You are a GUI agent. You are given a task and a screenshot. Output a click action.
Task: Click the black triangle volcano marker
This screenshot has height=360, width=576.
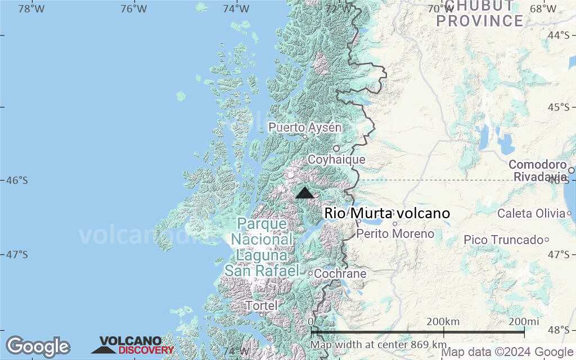tap(305, 193)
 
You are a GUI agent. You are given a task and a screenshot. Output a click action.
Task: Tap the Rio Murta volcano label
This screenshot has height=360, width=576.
tap(387, 214)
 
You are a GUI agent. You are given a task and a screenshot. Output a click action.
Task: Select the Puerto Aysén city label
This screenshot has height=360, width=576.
tap(304, 128)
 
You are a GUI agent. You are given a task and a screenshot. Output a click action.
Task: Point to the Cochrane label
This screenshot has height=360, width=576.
tap(340, 274)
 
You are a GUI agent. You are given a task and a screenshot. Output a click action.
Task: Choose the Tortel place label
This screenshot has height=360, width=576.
tap(262, 306)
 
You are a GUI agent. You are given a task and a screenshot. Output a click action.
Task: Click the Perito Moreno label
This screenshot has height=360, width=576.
tap(395, 233)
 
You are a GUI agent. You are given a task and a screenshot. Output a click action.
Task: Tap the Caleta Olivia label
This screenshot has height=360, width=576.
tap(531, 214)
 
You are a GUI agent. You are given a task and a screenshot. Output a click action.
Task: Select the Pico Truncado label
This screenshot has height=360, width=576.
tap(502, 240)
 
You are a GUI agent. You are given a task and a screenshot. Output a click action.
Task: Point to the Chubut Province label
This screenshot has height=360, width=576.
tap(480, 14)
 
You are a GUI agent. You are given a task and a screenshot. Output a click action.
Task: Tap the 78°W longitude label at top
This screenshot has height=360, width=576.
tap(31, 8)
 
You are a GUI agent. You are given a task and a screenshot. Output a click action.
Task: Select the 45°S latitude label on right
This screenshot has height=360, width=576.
tap(559, 107)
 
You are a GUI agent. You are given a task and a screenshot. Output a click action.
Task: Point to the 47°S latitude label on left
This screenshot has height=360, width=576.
tap(17, 255)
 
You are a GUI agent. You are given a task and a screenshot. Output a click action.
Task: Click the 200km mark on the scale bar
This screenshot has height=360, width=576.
tap(443, 322)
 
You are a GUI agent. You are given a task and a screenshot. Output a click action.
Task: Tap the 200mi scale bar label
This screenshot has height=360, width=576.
tap(524, 322)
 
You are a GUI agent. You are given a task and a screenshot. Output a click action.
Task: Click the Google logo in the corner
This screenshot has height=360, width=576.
tap(38, 346)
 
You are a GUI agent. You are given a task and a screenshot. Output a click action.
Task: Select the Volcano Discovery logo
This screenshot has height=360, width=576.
tap(133, 345)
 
